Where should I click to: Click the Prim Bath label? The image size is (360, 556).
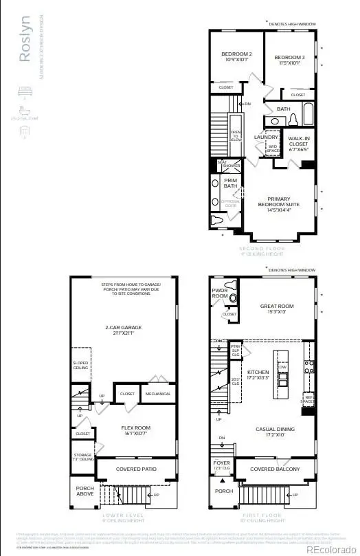click(230, 184)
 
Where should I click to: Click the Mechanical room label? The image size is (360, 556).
click(159, 394)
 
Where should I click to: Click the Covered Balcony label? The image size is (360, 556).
click(274, 469)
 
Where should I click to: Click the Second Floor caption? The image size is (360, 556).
click(260, 250)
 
